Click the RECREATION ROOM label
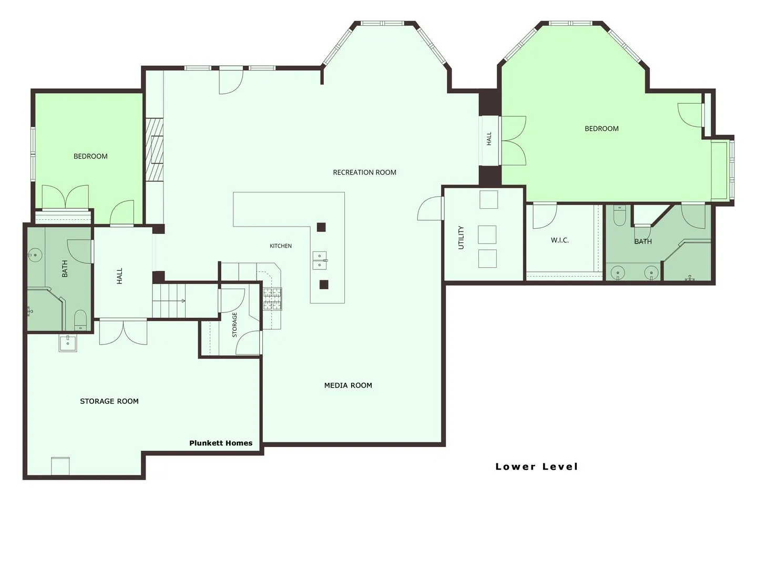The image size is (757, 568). pyautogui.click(x=364, y=172)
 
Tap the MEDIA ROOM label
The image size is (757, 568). pyautogui.click(x=347, y=385)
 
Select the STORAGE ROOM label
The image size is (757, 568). pyautogui.click(x=109, y=401)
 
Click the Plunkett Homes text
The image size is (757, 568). pyautogui.click(x=221, y=443)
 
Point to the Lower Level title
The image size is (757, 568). pyautogui.click(x=536, y=466)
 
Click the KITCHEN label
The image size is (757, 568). pyautogui.click(x=280, y=246)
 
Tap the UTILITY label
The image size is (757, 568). pyautogui.click(x=461, y=237)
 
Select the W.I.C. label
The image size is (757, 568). pyautogui.click(x=559, y=240)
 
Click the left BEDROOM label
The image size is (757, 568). pyautogui.click(x=90, y=156)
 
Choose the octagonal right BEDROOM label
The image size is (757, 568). pyautogui.click(x=601, y=129)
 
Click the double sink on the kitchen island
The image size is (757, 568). pyautogui.click(x=320, y=260)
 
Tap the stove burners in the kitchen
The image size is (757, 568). pyautogui.click(x=272, y=299)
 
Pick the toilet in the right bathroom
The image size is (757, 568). pyautogui.click(x=619, y=215)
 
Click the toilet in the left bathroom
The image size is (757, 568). pyautogui.click(x=80, y=320)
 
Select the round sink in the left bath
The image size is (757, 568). pyautogui.click(x=35, y=255)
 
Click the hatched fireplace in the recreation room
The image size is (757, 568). pyautogui.click(x=154, y=149)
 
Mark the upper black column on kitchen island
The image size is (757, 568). pyautogui.click(x=321, y=227)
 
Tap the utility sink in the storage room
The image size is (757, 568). pyautogui.click(x=68, y=343)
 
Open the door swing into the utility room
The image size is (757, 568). pyautogui.click(x=429, y=208)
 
